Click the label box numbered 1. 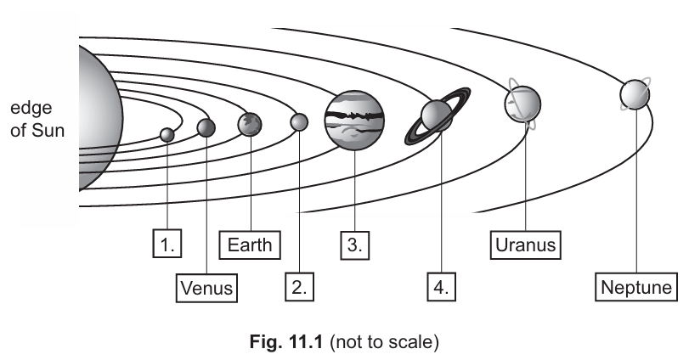[x=168, y=245]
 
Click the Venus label [x=207, y=287]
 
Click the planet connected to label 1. [x=167, y=134]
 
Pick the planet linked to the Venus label [x=206, y=128]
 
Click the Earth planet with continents [x=250, y=125]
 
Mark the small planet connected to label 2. [x=299, y=123]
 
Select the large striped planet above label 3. [x=354, y=121]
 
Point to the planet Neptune [x=635, y=94]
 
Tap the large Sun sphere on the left [x=95, y=119]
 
